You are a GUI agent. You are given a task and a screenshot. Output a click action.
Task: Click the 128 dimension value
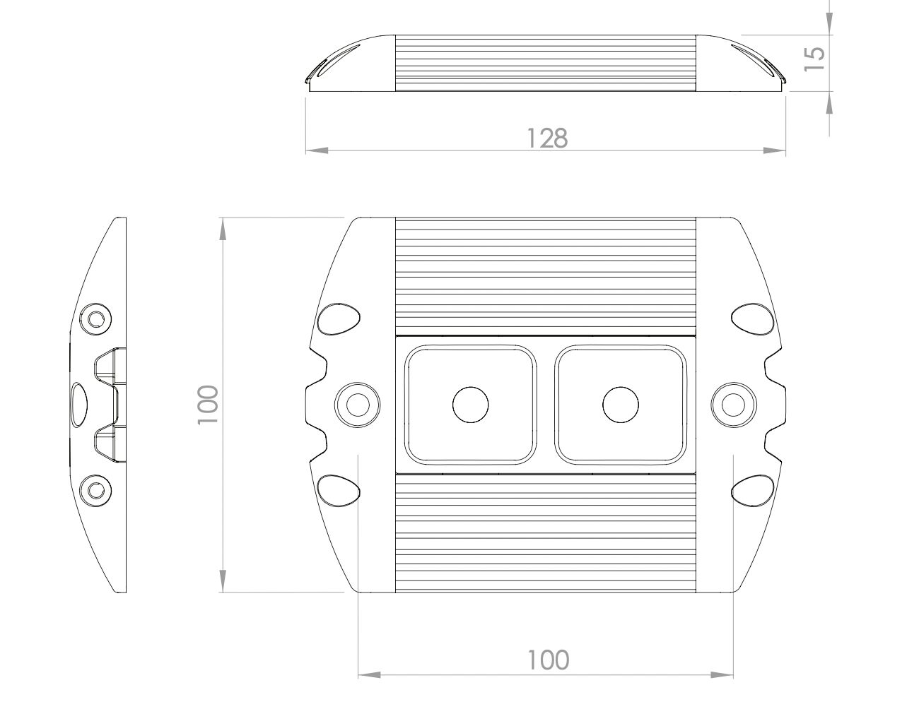coord(547,138)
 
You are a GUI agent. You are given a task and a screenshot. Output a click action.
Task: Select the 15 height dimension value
coord(814,58)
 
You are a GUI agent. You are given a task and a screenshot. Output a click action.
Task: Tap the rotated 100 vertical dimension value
coord(209,405)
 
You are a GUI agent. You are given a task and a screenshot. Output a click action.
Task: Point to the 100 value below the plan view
coord(548,660)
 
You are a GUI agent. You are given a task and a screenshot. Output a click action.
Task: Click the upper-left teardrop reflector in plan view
coord(338,319)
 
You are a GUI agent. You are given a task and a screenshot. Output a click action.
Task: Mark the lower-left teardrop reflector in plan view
coord(338,491)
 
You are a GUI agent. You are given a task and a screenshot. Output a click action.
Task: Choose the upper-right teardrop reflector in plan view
coord(752,319)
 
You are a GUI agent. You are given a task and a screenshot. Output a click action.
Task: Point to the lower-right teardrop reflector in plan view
coord(752,491)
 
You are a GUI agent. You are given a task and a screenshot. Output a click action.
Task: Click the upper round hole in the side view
coord(95,318)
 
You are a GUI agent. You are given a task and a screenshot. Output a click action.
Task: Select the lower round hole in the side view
coord(94,488)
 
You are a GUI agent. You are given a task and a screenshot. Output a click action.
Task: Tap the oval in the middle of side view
coord(78,405)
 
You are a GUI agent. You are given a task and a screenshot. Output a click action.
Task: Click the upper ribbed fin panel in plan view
coord(545,275)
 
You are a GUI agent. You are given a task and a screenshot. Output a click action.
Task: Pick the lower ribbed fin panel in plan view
coord(545,532)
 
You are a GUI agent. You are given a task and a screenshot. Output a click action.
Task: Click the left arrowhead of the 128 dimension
coord(315,150)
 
